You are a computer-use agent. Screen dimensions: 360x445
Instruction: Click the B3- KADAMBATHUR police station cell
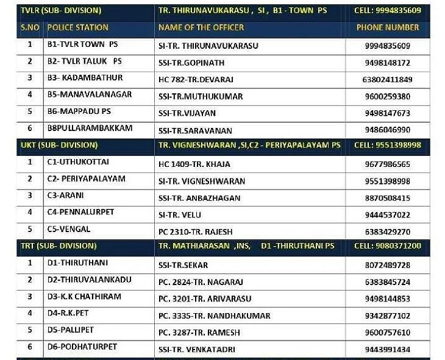[x=85, y=78]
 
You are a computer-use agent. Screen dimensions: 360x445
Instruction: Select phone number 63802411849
[x=387, y=80]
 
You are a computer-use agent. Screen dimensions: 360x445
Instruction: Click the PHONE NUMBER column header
[x=388, y=27]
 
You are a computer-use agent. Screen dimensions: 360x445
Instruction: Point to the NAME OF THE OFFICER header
[x=201, y=27]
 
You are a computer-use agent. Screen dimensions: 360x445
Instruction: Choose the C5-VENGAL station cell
[x=69, y=230]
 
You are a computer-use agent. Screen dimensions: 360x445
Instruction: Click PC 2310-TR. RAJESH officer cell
[x=195, y=232]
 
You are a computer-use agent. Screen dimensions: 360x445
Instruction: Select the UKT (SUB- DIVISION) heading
[x=59, y=145]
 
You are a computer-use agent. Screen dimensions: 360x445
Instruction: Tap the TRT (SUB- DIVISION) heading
[x=59, y=246]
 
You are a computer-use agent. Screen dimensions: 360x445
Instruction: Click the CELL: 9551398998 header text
[x=388, y=145]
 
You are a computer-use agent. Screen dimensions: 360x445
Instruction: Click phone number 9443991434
[x=387, y=350]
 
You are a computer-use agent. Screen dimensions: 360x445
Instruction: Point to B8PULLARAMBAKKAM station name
[x=90, y=129]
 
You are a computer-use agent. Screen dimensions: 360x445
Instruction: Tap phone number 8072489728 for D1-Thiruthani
[x=387, y=265]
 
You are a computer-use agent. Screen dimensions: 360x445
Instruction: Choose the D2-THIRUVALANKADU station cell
[x=89, y=280]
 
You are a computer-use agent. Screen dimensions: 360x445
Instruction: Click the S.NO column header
[x=30, y=27]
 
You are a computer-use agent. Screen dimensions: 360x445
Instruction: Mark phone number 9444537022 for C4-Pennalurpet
[x=387, y=215]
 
